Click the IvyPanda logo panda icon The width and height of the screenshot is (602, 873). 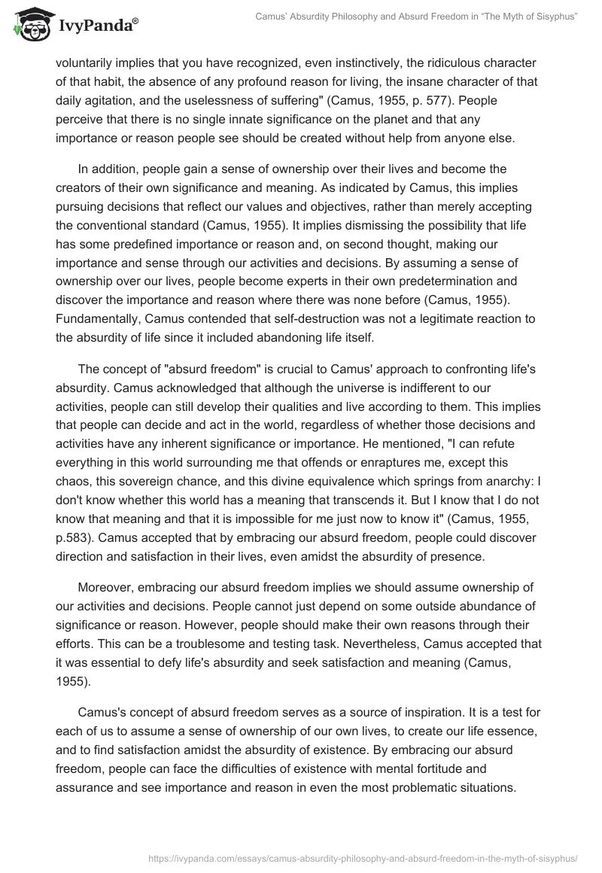29,23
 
